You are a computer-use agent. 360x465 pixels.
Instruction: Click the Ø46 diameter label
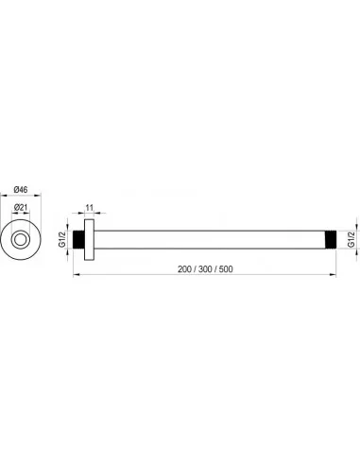21,189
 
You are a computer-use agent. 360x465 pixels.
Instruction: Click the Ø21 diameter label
21,207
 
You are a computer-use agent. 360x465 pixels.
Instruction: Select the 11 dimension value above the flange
90,208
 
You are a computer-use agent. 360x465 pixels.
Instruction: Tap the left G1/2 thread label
62,239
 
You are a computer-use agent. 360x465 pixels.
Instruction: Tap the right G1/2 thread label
351,239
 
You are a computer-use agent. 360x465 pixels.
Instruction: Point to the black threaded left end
78,239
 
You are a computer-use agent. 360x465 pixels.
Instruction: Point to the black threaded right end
331,239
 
